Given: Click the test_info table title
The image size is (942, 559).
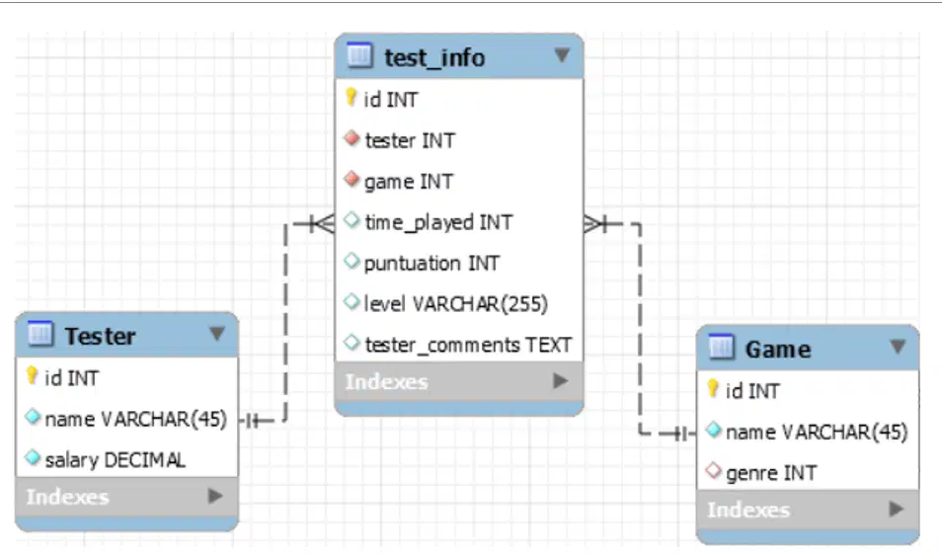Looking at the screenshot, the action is point(434,57).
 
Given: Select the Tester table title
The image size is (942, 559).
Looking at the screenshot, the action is point(100,336).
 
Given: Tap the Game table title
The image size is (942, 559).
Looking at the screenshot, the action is point(778,350).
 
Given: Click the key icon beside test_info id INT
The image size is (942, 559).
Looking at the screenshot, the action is point(352,97).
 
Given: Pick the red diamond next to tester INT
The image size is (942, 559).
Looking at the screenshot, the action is point(353,138).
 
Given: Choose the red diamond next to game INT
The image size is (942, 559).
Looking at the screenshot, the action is point(353,179).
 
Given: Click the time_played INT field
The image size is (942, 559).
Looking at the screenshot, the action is point(438,222).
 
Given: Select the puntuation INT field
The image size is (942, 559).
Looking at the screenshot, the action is point(432,264).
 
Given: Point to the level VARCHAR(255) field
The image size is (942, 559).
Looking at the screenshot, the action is point(456,304).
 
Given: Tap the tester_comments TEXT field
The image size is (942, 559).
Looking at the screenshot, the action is point(468,345).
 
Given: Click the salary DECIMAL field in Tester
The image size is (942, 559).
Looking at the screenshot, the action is point(115,460).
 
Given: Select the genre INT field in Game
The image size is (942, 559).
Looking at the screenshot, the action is point(771,474).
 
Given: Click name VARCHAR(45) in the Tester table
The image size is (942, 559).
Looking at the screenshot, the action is point(136,419).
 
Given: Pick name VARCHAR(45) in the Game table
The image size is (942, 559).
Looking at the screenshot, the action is point(817,433).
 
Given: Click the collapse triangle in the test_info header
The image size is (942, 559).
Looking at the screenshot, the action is point(562,55).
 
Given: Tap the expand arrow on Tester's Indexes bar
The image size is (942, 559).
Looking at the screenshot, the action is point(214,496).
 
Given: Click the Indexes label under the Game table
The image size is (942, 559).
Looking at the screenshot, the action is point(747,510).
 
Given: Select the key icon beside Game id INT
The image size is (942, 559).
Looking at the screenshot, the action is point(713,389).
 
